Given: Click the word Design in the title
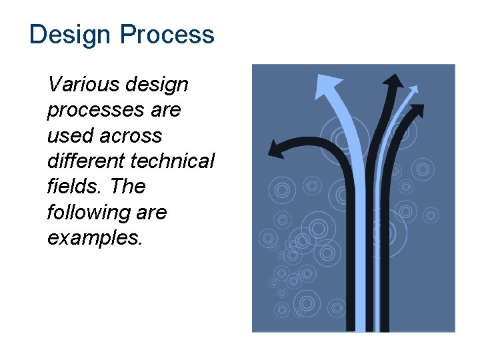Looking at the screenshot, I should coord(67,35).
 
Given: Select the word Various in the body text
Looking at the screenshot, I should coord(81,85).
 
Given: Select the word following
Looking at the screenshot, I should coord(87,213).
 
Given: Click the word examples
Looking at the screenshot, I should coord(95,237).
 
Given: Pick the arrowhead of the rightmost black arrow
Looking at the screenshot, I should coord(417,111).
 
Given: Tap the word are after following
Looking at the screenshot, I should coord(151,213).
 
